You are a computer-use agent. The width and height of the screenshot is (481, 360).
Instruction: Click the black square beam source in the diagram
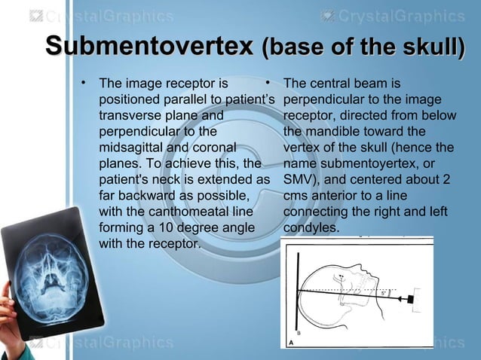[414, 300]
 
